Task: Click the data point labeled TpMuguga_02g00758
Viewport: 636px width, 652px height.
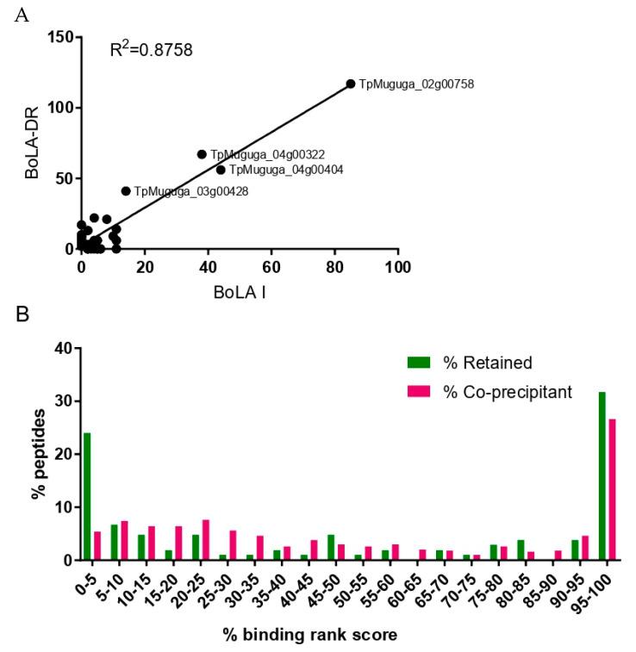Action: (x=350, y=84)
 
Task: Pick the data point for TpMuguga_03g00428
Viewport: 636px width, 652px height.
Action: (x=126, y=191)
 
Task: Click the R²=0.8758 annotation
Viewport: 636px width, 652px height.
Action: (x=151, y=50)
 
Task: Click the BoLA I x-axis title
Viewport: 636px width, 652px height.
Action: (x=239, y=293)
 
